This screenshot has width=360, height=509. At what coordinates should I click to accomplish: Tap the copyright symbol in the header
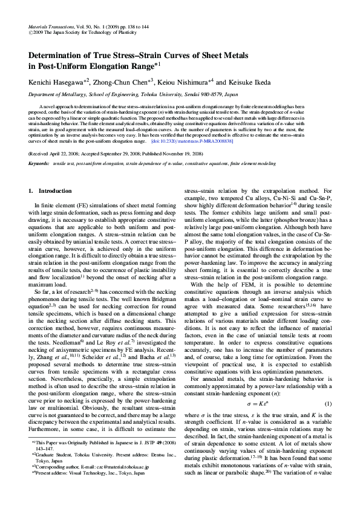31,34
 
